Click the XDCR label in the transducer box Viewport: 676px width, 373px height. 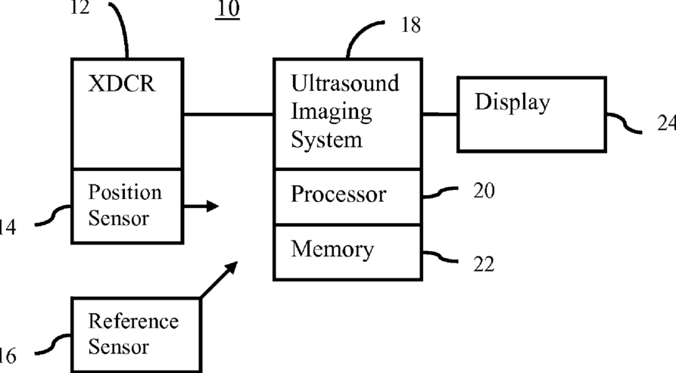[x=121, y=84]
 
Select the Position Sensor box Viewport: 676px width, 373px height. [x=126, y=205]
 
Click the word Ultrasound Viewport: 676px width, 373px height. [x=345, y=82]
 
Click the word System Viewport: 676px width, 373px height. [x=327, y=140]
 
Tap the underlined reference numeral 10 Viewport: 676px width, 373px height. [x=228, y=10]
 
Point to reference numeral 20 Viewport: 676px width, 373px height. [x=484, y=191]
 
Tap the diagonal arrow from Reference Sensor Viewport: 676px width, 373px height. [x=219, y=279]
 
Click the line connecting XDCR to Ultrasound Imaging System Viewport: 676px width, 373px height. [x=228, y=114]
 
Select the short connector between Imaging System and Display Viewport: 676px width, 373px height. [x=439, y=114]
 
